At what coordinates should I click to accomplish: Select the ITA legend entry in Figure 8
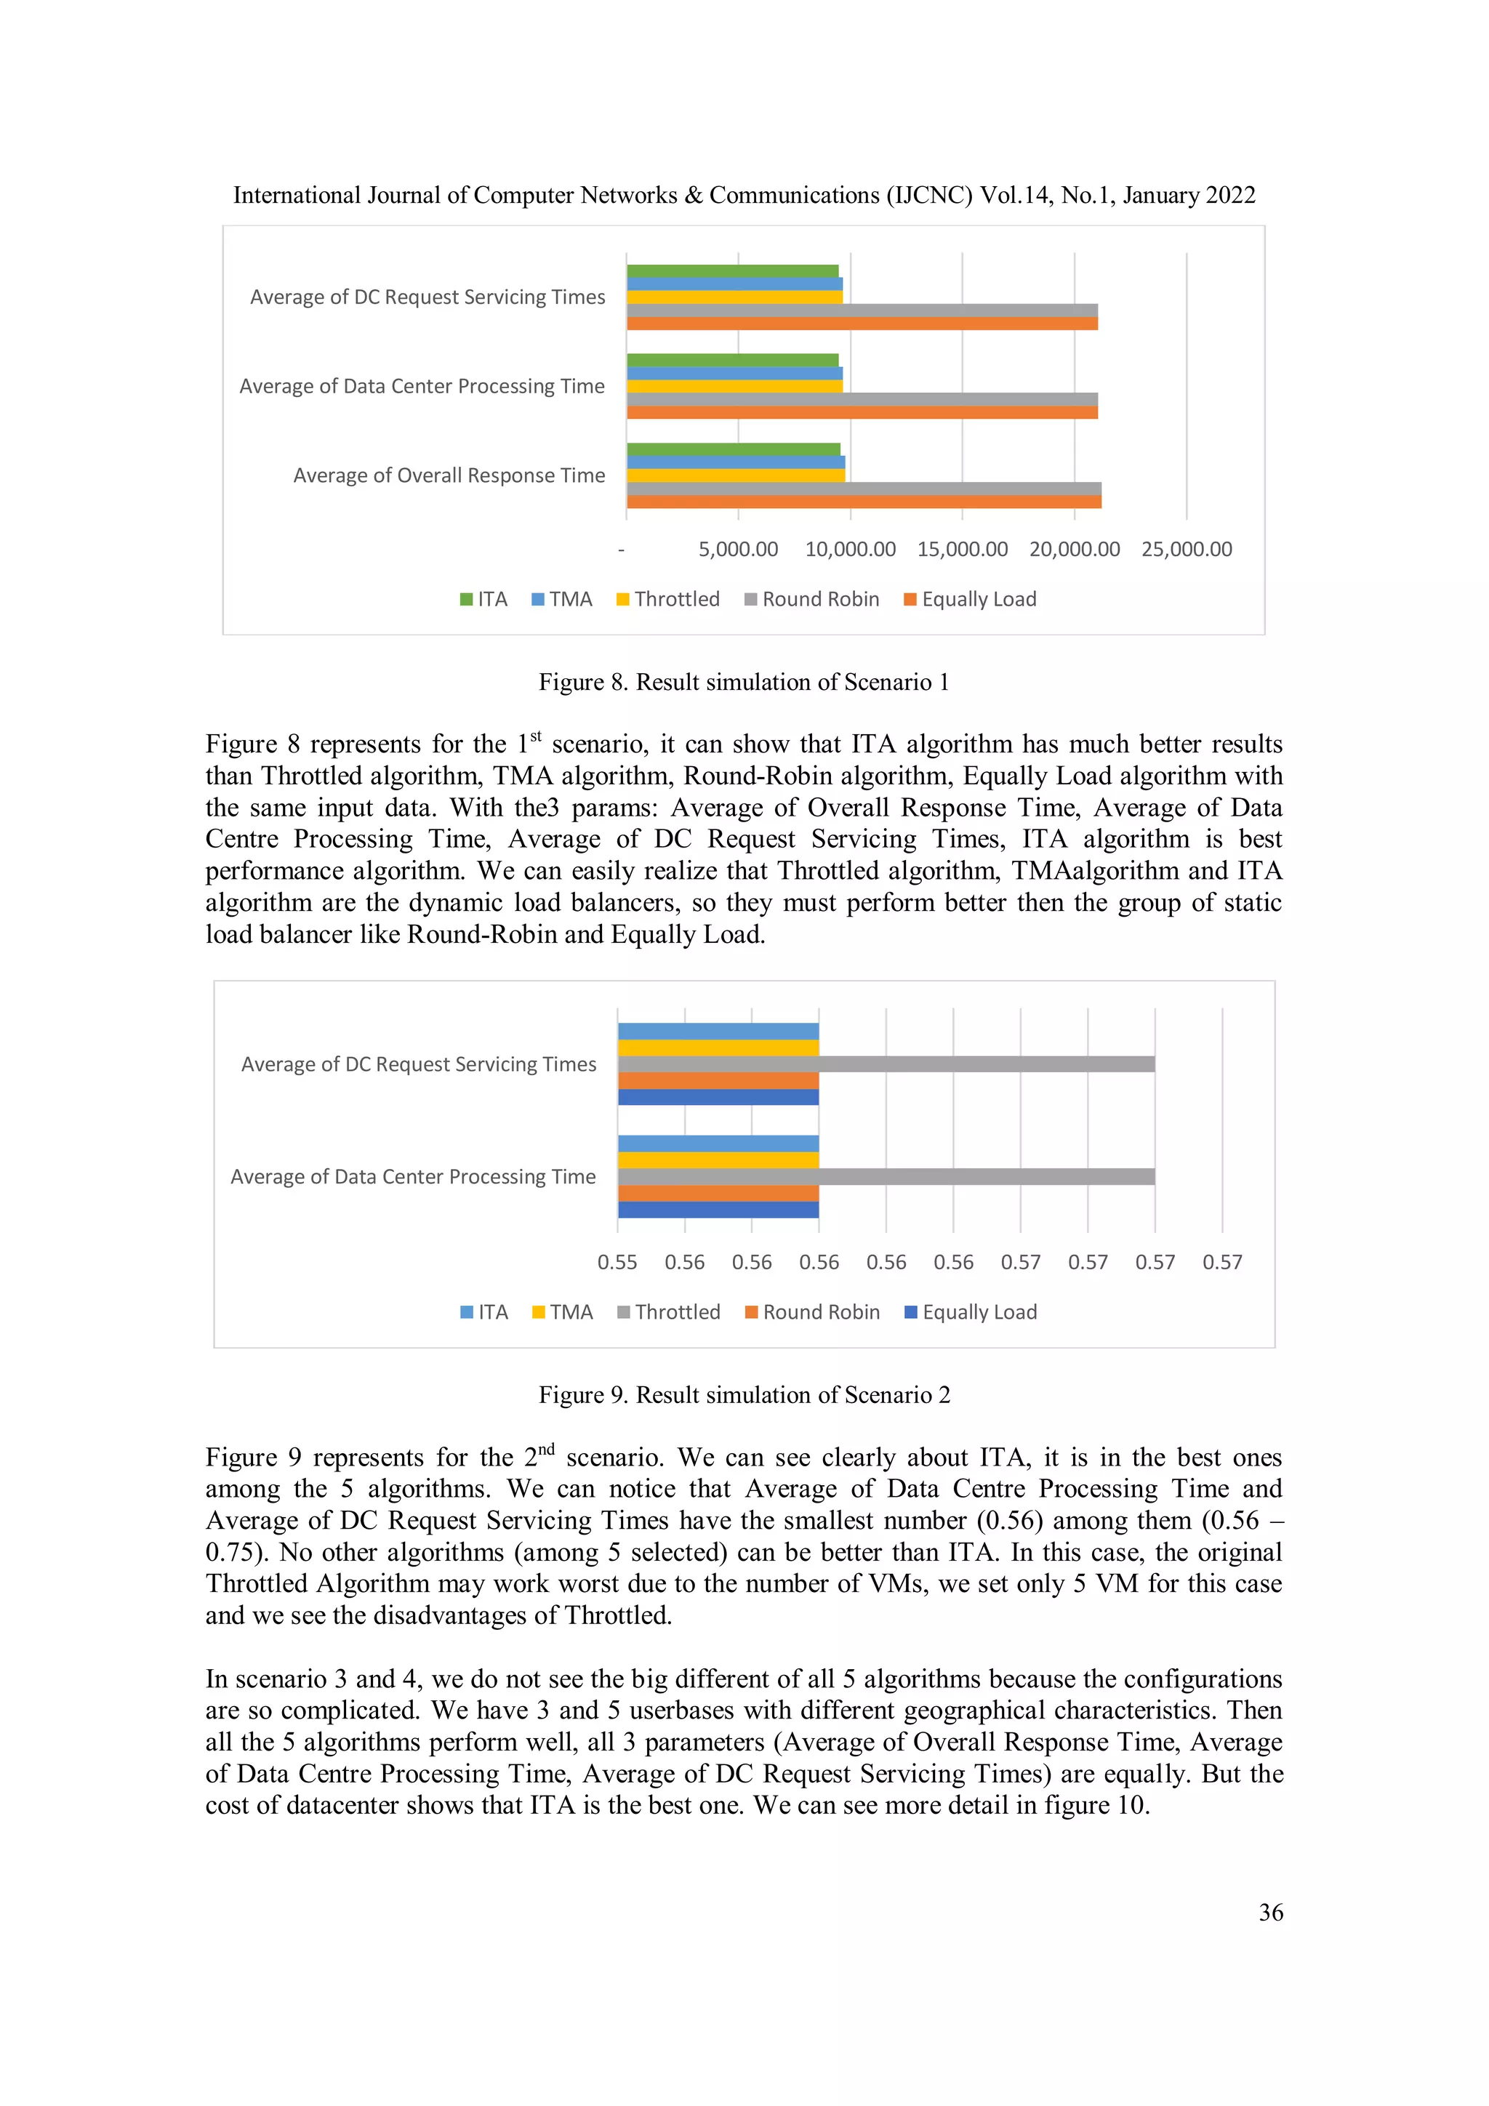pos(483,599)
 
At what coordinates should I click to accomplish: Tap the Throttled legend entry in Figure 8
pos(668,599)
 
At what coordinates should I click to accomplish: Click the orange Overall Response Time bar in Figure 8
pos(862,502)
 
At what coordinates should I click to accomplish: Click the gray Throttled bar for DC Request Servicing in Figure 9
pos(886,1064)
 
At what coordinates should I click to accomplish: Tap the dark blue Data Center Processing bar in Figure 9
pos(718,1210)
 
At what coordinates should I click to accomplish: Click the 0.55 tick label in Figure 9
pos(617,1262)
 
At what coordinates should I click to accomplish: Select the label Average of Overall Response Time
pos(449,475)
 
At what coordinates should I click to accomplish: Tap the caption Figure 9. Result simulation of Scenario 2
pos(744,1394)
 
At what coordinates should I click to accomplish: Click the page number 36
pos(1269,1913)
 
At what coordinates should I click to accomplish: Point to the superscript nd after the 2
pos(546,1450)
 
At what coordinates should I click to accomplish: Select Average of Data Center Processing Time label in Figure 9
pos(413,1177)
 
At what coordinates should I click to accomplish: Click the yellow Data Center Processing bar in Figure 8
pos(734,386)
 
